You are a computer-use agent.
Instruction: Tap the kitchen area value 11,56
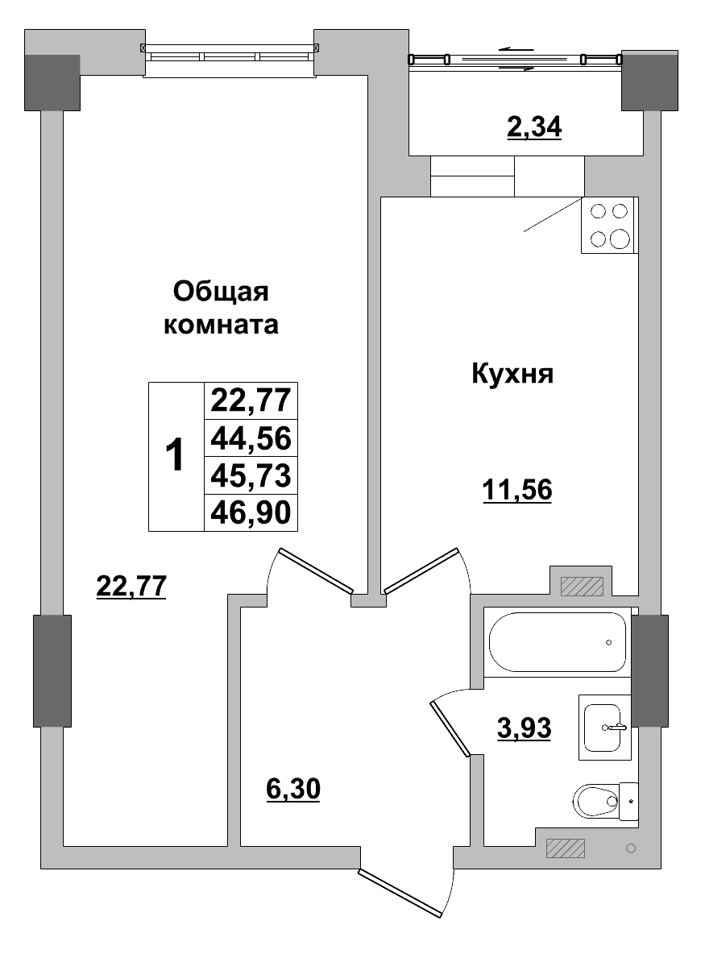click(516, 489)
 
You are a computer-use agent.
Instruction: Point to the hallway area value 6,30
click(293, 790)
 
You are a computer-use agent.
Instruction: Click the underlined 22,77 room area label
click(131, 586)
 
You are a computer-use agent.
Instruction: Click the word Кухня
click(512, 374)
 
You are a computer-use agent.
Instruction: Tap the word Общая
click(220, 291)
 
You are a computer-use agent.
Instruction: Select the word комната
click(221, 326)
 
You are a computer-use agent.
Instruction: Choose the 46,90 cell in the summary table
click(250, 512)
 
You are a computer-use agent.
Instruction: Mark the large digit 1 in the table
click(175, 457)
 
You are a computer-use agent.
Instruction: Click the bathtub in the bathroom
click(557, 641)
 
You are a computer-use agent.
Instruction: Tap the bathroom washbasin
click(604, 726)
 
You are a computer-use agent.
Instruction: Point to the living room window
click(229, 56)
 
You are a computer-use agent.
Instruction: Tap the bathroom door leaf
click(450, 728)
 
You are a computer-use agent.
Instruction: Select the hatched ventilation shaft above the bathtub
click(582, 586)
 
